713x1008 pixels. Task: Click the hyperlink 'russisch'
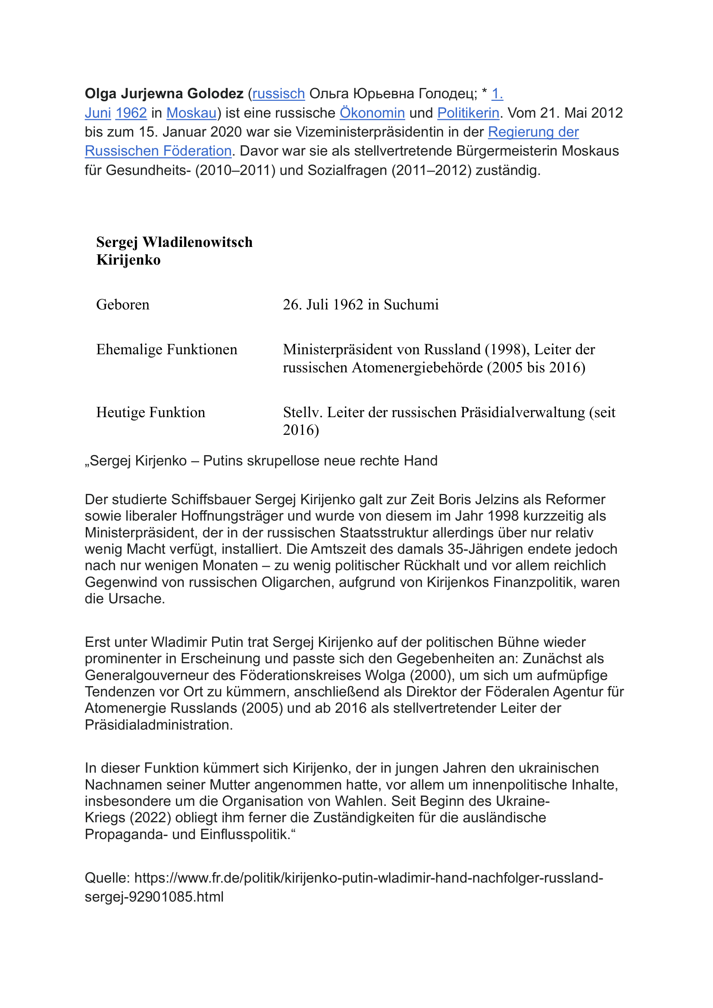(278, 94)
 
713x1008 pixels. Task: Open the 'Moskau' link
(191, 113)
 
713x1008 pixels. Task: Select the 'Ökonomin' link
(372, 113)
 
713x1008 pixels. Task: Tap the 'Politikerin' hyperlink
(468, 113)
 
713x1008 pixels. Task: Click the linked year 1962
(131, 113)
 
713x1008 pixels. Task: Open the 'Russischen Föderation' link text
(158, 151)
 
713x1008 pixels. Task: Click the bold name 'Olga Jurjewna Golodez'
(164, 94)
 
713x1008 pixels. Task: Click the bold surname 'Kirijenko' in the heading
(128, 260)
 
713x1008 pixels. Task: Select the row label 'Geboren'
(123, 305)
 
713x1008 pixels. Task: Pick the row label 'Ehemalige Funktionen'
(167, 350)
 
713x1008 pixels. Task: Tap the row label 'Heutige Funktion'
(150, 412)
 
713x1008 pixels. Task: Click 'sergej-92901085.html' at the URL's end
(154, 896)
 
